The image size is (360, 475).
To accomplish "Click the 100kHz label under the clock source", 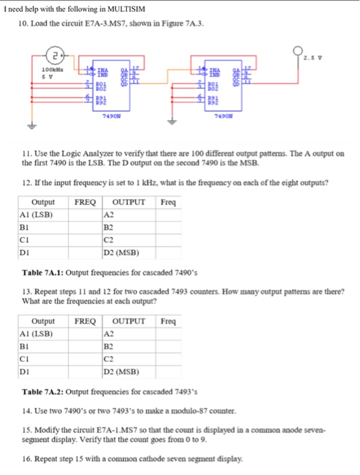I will pyautogui.click(x=48, y=71).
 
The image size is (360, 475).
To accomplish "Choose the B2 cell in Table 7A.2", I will pyautogui.click(x=109, y=346).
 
